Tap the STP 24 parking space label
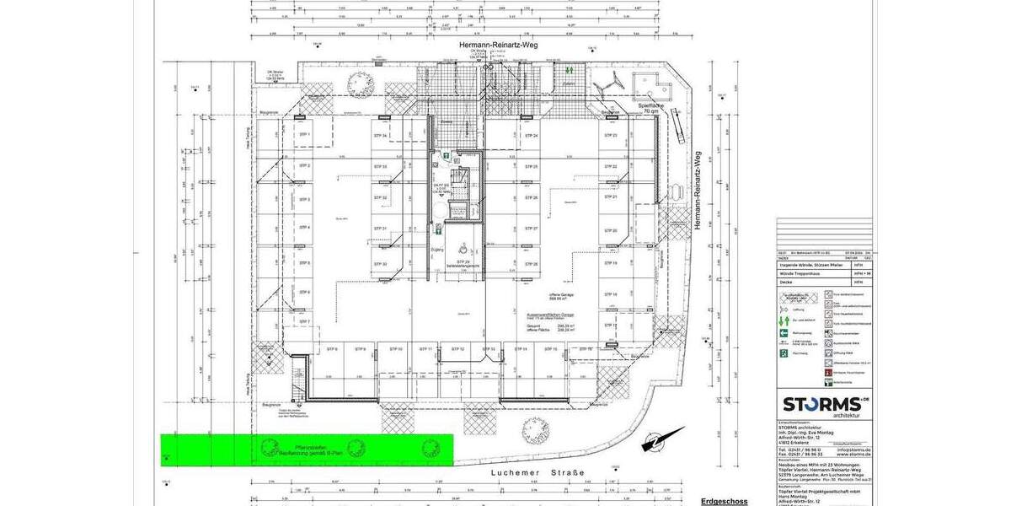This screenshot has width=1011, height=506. pyautogui.click(x=531, y=136)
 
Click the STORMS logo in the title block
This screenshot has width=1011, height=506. pyautogui.click(x=821, y=404)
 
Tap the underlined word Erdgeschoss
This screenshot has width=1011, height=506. pyautogui.click(x=724, y=501)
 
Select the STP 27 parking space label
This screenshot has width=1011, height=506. pyautogui.click(x=531, y=229)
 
